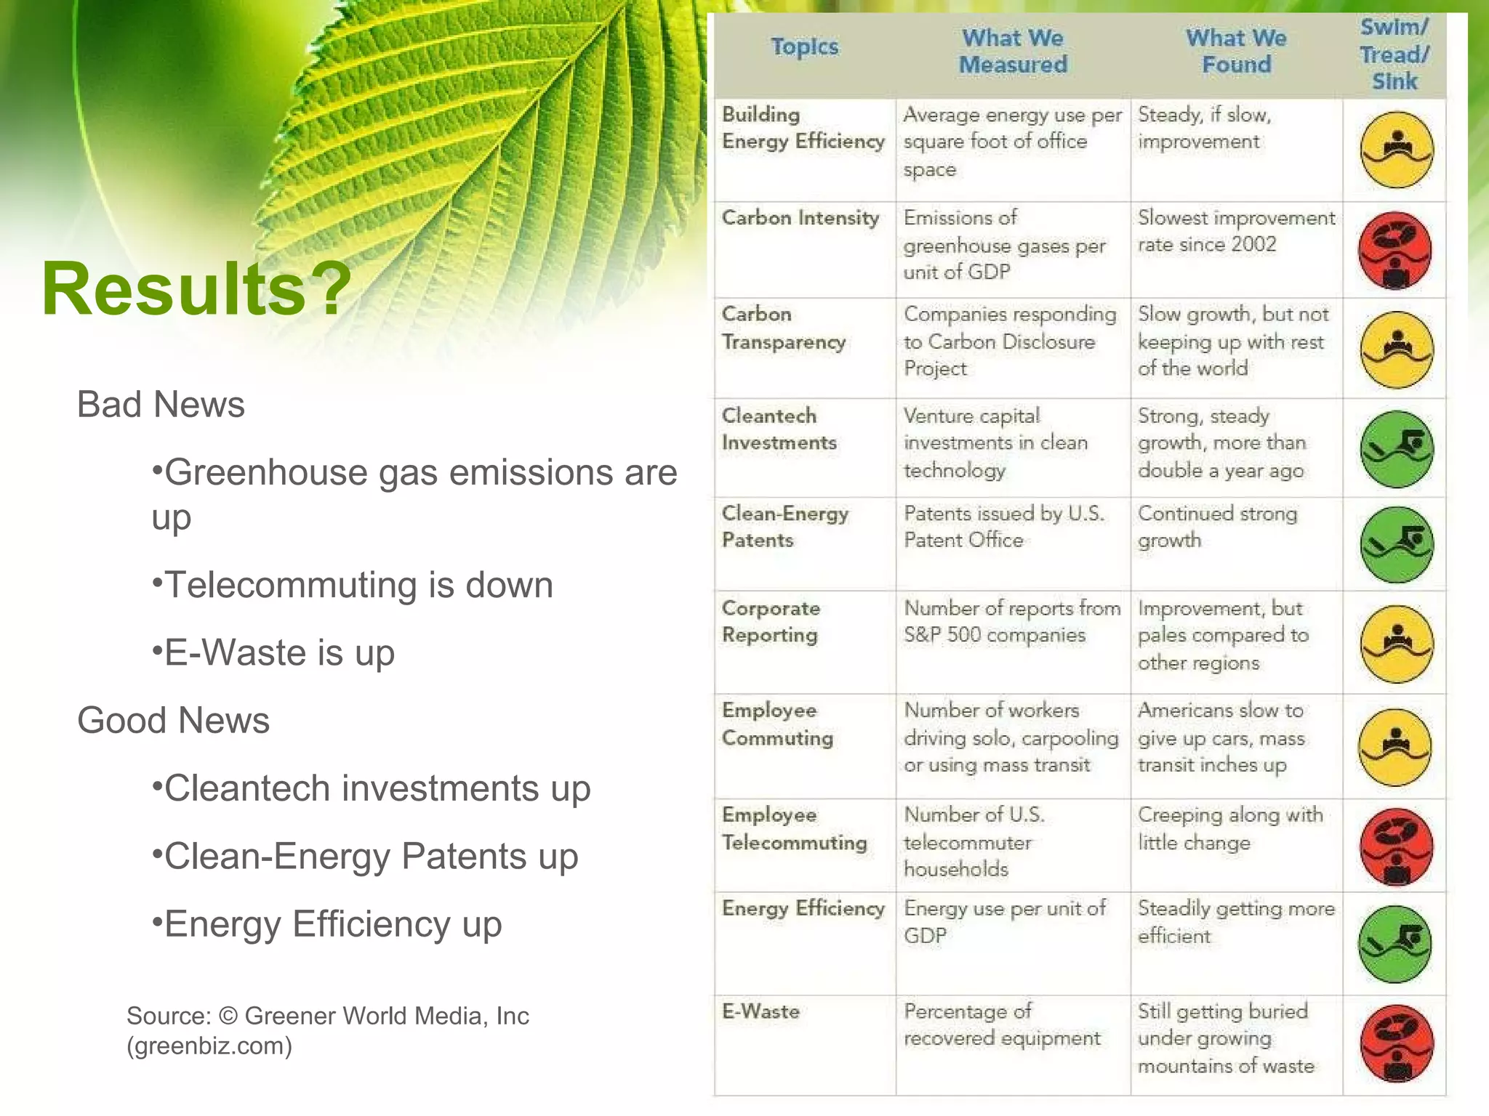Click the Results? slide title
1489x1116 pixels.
point(196,289)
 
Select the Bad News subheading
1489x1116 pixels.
point(161,404)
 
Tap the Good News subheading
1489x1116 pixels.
point(173,720)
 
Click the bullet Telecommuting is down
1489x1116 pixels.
point(353,585)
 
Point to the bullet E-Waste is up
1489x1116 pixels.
point(273,652)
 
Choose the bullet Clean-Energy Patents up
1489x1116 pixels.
point(365,856)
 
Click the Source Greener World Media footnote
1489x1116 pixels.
point(327,1030)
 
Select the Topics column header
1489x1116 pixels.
point(804,47)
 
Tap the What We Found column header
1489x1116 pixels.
point(1236,51)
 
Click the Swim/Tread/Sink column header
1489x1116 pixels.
point(1394,54)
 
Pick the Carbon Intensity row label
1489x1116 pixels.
point(800,218)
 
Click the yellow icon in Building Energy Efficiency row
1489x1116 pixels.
point(1396,150)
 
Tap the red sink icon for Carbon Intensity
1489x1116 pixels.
point(1394,251)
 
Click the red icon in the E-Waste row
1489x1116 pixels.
point(1396,1043)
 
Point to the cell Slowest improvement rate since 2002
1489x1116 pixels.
point(1236,231)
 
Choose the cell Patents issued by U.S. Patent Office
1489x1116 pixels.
point(1003,527)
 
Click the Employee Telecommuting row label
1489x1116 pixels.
point(794,828)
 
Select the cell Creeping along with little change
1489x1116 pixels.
point(1230,828)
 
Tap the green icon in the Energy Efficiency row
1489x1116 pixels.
point(1394,944)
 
